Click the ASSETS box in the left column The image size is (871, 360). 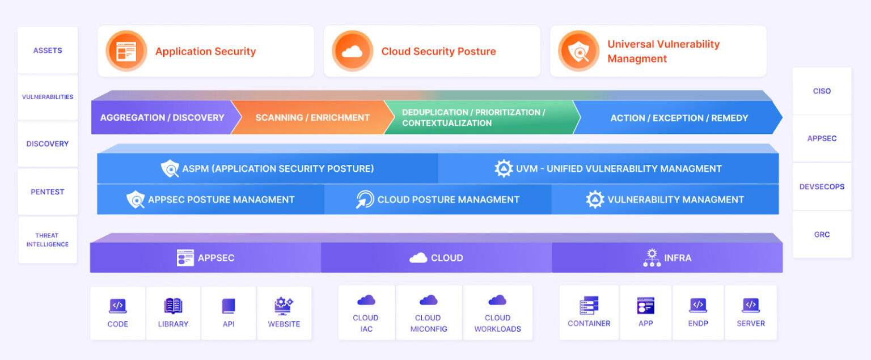[x=48, y=50]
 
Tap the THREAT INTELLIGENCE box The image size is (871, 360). [x=48, y=240]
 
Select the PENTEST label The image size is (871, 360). [x=48, y=192]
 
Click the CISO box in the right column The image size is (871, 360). [x=822, y=91]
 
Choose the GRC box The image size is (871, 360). [x=822, y=234]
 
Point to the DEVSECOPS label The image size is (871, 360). [x=822, y=187]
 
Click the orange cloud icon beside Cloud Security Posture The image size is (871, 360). [x=352, y=51]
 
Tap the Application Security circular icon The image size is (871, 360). [x=126, y=51]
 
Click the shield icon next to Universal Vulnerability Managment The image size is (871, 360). [x=578, y=51]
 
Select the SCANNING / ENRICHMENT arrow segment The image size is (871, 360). [x=312, y=118]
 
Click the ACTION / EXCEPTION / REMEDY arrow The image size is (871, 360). [x=679, y=118]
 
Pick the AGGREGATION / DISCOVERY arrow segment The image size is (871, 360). [x=162, y=118]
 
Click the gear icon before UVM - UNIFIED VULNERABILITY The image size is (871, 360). [x=504, y=168]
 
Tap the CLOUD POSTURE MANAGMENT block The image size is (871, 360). [x=438, y=200]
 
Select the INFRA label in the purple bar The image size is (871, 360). [x=678, y=258]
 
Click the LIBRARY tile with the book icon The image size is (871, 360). [x=173, y=313]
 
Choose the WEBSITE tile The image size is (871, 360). [x=284, y=313]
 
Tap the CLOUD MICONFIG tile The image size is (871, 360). [x=429, y=313]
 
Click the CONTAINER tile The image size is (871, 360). [x=589, y=313]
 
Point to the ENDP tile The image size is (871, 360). [x=698, y=313]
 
